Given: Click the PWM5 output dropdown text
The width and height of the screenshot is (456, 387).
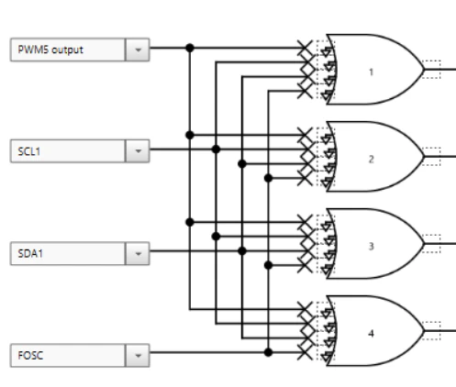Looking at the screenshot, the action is (x=50, y=50).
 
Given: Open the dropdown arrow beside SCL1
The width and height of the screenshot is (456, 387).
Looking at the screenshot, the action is (x=138, y=151).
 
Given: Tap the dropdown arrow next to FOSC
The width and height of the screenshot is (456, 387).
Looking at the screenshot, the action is (x=138, y=355).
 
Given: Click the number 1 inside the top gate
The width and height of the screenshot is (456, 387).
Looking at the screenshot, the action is (x=372, y=72).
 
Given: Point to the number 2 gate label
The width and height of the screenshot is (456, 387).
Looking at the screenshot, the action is (x=372, y=160).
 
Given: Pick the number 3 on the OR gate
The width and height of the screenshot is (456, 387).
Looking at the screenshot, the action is (x=372, y=247).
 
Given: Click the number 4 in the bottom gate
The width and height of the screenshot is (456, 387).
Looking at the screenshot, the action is (x=372, y=333).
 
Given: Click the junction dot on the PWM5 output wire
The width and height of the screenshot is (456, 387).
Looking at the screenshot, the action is (x=190, y=48).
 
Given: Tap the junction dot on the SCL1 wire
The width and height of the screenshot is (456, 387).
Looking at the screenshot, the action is (x=216, y=149).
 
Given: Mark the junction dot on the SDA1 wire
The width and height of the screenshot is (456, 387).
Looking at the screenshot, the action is (x=242, y=251).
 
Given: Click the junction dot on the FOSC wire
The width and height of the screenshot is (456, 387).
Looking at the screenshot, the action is (x=268, y=352).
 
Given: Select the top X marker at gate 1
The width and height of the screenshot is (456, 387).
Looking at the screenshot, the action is (x=305, y=48).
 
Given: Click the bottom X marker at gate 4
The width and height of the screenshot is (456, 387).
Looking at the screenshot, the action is (x=305, y=352).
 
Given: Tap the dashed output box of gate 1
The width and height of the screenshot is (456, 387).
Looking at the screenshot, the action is (x=431, y=70).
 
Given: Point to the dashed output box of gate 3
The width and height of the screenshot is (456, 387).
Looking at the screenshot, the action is (x=431, y=244).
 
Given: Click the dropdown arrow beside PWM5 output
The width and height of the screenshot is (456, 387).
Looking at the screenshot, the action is (x=138, y=50).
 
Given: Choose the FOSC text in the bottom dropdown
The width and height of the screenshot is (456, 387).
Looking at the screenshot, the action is (x=30, y=355).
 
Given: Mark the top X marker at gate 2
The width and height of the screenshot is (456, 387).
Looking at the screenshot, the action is (x=305, y=135).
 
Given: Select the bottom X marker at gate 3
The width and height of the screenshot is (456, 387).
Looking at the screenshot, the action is (x=305, y=265).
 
